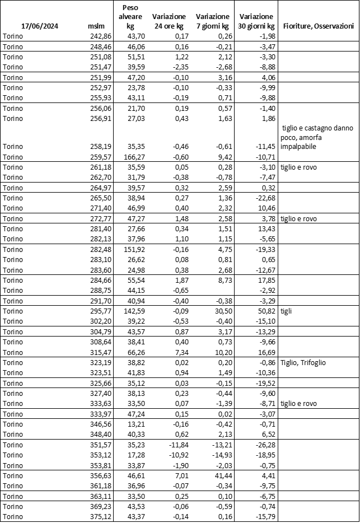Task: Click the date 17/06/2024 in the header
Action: pos(40,26)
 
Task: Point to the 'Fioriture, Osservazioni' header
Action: pos(318,26)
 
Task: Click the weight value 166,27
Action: pos(134,157)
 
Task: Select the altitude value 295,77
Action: pos(101,311)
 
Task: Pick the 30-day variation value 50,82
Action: pos(264,311)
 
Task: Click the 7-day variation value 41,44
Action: pos(218,475)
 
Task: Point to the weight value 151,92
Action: pos(134,249)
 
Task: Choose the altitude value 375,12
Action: pos(101,516)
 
